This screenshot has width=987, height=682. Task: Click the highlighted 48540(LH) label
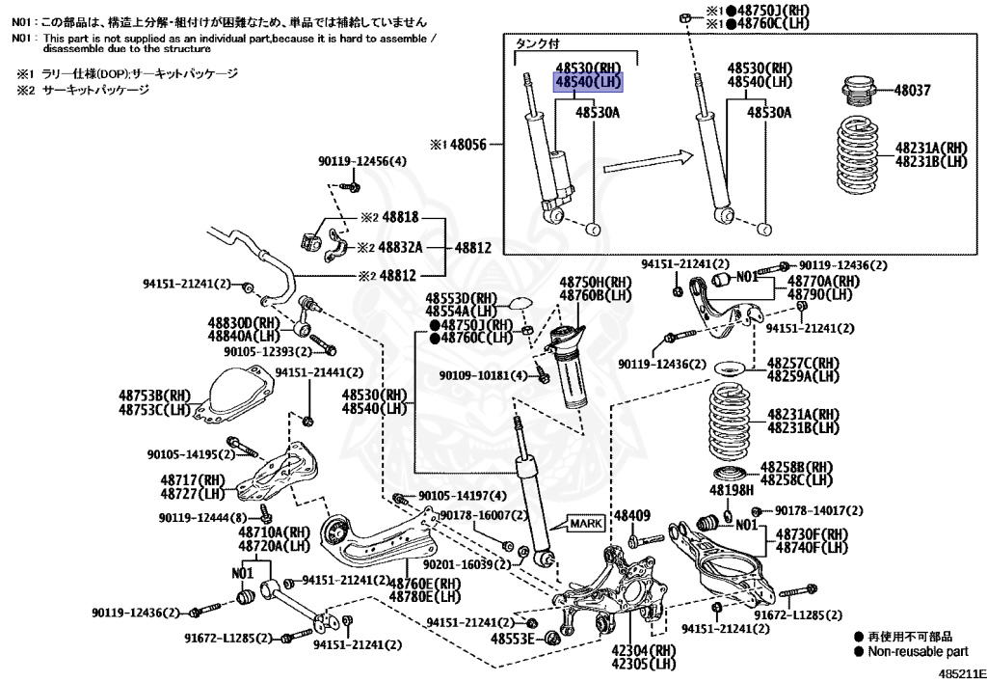pos(588,82)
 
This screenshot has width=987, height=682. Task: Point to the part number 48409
pos(632,516)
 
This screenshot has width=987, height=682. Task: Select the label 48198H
pos(732,490)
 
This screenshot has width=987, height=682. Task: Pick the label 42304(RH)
pos(643,650)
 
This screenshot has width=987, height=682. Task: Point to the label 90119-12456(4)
pos(362,161)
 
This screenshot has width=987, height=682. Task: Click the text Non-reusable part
pos(916,651)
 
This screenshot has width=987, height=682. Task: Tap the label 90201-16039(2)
pos(459,563)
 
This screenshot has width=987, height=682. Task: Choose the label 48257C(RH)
pos(803,363)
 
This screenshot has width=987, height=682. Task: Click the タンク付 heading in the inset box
pos(536,43)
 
